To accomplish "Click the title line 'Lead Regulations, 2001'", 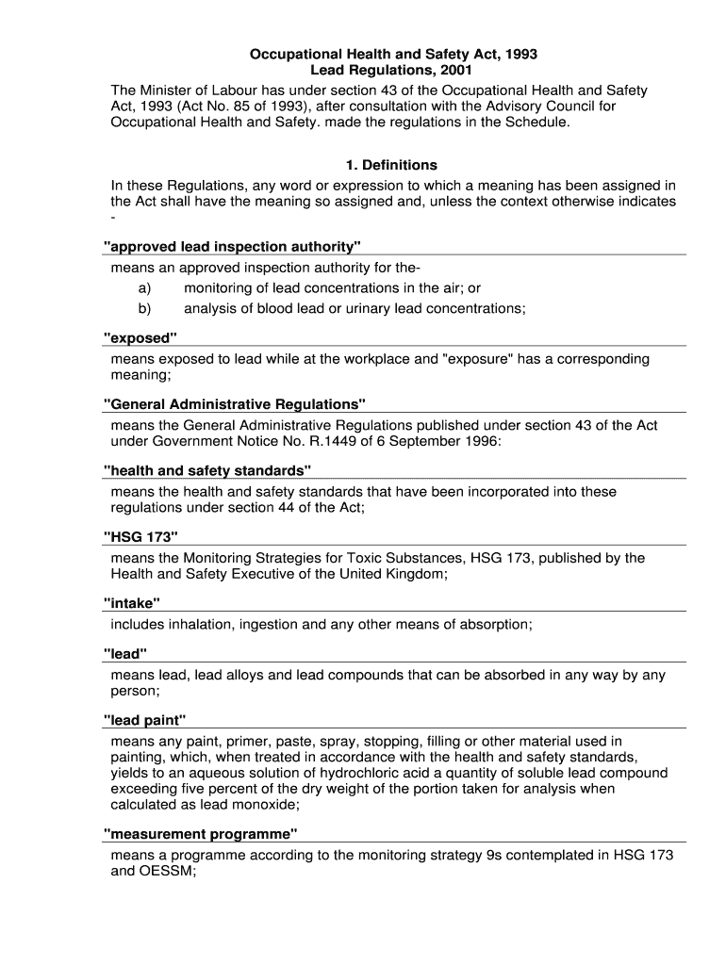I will [x=392, y=71].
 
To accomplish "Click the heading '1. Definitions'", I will [x=392, y=165].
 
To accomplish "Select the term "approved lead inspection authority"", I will [x=232, y=247].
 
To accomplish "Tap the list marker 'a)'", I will [x=144, y=288].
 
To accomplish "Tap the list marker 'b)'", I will [x=144, y=308].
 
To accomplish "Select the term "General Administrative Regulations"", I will [x=235, y=404].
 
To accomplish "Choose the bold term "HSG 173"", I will [x=140, y=537].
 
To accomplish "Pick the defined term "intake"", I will [x=132, y=603].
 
